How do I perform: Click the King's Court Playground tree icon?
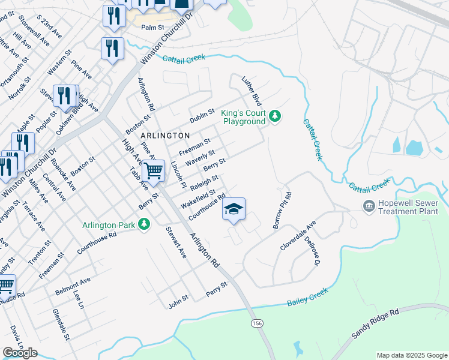coord(275,116)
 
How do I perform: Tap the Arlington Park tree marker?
coord(143,224)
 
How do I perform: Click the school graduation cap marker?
coord(234,209)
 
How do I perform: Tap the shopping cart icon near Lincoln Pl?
coord(154,170)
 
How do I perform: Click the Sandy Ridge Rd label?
coord(376,324)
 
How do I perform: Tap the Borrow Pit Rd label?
coord(283,210)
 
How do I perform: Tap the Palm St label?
coord(152,28)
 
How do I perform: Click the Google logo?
coord(20,353)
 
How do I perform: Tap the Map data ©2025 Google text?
coord(412,355)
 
